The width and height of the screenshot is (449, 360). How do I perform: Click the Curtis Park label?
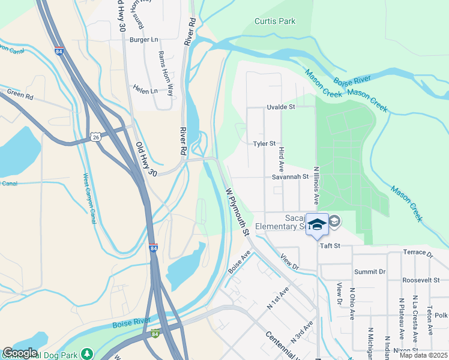[275, 21]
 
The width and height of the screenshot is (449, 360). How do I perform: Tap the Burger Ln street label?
[143, 40]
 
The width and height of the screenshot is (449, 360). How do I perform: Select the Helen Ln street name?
[145, 91]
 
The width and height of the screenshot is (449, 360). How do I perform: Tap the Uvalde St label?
[282, 107]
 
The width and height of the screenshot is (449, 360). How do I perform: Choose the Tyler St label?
[264, 143]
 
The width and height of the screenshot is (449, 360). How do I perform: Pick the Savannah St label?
[289, 177]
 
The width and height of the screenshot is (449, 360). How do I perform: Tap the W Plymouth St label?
[238, 209]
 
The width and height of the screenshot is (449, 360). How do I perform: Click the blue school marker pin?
[318, 224]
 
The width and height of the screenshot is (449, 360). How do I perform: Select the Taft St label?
[330, 246]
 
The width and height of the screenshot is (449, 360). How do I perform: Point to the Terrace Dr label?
[417, 252]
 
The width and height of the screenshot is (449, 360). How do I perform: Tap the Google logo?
[20, 353]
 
